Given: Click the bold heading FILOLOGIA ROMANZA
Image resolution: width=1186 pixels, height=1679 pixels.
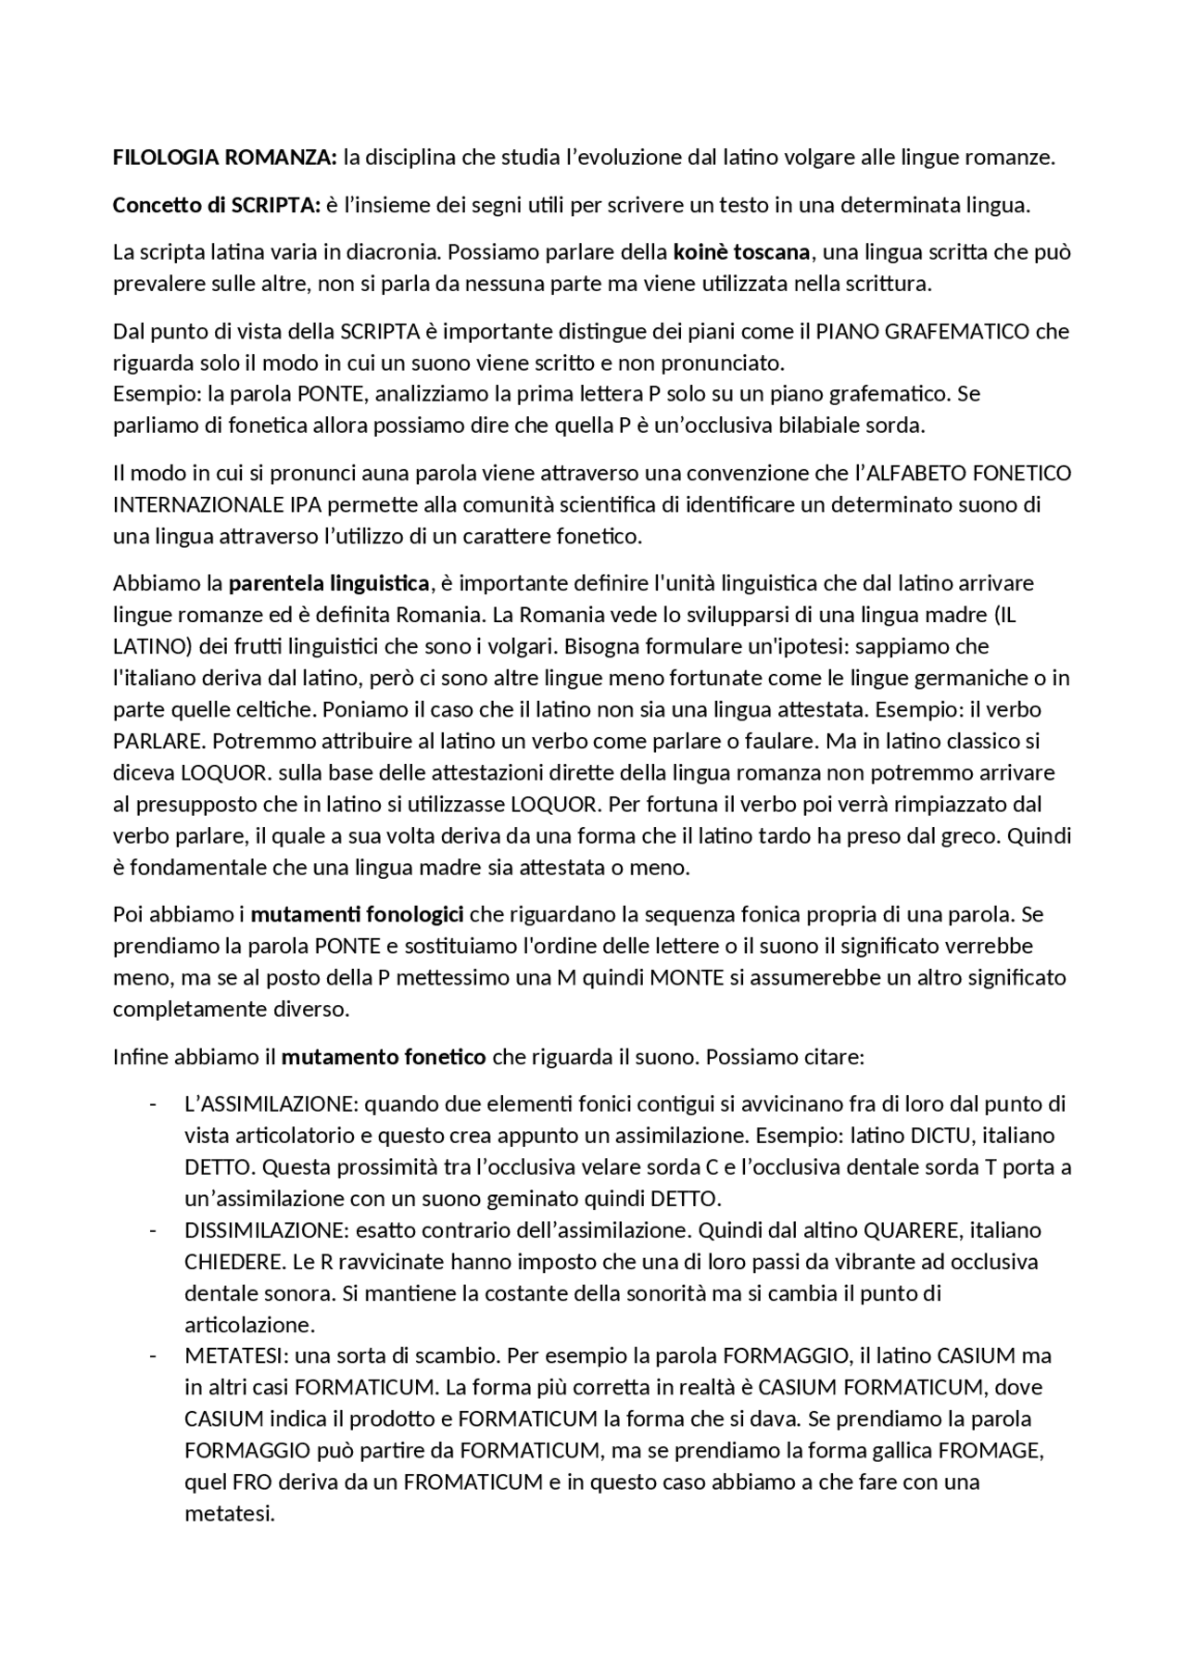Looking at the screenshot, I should [224, 158].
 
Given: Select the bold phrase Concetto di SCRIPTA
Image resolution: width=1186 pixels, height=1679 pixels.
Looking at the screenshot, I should [216, 205].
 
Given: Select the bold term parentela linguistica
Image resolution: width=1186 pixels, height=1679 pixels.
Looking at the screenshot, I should [329, 584].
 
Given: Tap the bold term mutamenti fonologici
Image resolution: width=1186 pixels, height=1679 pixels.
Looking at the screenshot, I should [358, 915].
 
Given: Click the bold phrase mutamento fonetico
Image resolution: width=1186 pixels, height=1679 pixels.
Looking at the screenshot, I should [384, 1057].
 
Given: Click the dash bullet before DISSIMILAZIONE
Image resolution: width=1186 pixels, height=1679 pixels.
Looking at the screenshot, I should [152, 1230].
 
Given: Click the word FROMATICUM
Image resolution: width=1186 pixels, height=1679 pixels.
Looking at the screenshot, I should [473, 1482].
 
